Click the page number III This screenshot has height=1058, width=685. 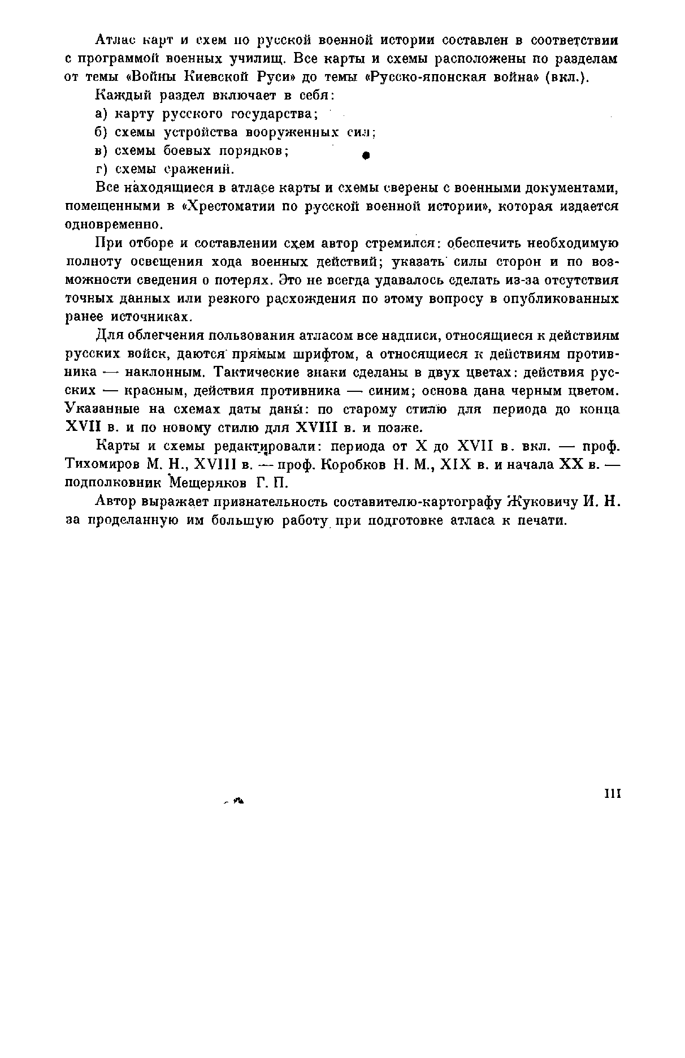pyautogui.click(x=613, y=794)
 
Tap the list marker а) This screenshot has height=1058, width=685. pyautogui.click(x=101, y=114)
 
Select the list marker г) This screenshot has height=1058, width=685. pyautogui.click(x=101, y=169)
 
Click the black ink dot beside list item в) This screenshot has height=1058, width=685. pyautogui.click(x=366, y=155)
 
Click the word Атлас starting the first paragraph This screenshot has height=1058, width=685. pyautogui.click(x=114, y=41)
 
